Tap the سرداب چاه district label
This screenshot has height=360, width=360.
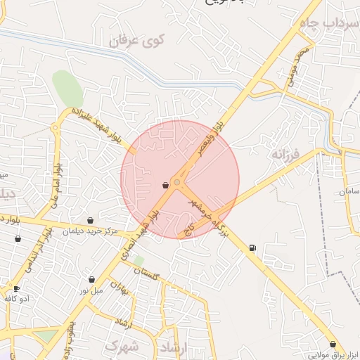330,23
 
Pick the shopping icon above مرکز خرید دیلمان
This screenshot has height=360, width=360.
89,220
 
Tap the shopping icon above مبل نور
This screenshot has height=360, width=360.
91,279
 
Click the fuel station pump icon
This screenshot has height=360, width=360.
252,247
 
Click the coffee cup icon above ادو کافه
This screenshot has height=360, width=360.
16,288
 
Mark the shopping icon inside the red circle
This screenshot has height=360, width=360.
165,185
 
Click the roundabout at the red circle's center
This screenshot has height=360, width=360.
177,183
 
